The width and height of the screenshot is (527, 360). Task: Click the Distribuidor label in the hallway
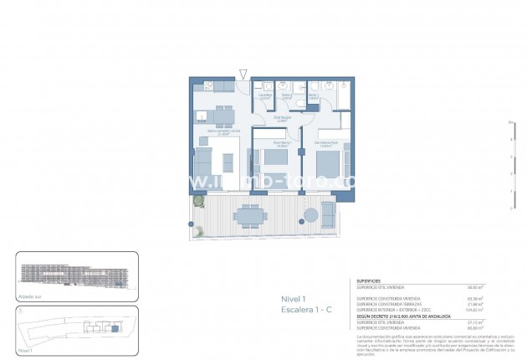pos(284,118)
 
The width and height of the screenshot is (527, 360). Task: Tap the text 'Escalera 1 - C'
pos(306,310)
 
